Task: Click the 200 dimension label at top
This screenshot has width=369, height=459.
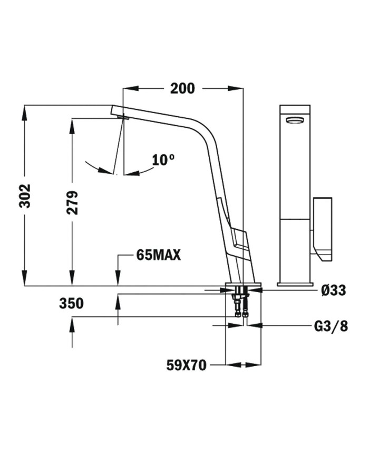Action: coord(182,88)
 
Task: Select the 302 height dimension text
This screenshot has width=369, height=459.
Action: coord(25,195)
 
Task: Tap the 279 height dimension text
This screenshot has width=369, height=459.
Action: coord(72,202)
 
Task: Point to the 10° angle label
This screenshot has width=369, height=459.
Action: coord(163,160)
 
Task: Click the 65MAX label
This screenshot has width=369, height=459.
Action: coord(158,256)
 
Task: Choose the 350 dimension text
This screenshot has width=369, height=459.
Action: coord(71,303)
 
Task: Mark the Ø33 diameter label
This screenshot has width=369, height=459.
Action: coord(333,290)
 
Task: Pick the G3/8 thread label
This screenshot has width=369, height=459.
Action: coord(331,326)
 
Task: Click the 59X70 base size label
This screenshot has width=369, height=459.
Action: coord(186,364)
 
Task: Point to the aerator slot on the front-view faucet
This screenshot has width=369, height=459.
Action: coord(295,120)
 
